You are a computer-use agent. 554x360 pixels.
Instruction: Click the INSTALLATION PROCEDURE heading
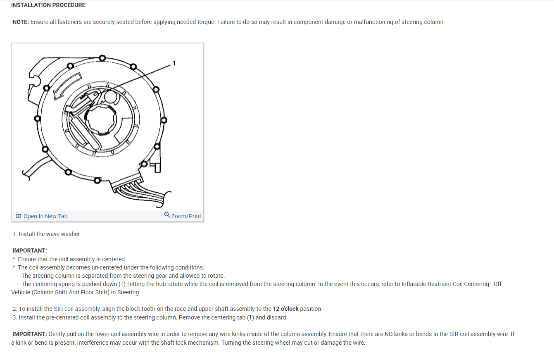click(x=48, y=5)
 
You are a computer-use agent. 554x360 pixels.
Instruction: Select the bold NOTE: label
click(x=20, y=22)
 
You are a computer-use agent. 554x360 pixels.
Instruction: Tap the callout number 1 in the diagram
click(x=174, y=63)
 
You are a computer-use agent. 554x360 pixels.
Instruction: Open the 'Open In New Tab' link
click(x=45, y=216)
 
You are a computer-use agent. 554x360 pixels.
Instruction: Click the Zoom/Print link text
click(x=186, y=216)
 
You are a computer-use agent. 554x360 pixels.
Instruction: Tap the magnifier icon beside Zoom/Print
click(x=167, y=215)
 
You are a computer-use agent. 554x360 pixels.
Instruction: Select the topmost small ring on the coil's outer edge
click(x=102, y=57)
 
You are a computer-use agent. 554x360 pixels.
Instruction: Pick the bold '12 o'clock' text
click(x=285, y=309)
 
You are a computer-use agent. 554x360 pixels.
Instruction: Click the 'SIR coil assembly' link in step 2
click(x=77, y=309)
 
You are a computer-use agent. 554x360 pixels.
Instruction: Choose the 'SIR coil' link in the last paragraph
click(x=459, y=334)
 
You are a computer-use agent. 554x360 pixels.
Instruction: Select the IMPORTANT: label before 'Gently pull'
click(x=30, y=334)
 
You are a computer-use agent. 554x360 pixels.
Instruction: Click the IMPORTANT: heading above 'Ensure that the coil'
click(x=30, y=250)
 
